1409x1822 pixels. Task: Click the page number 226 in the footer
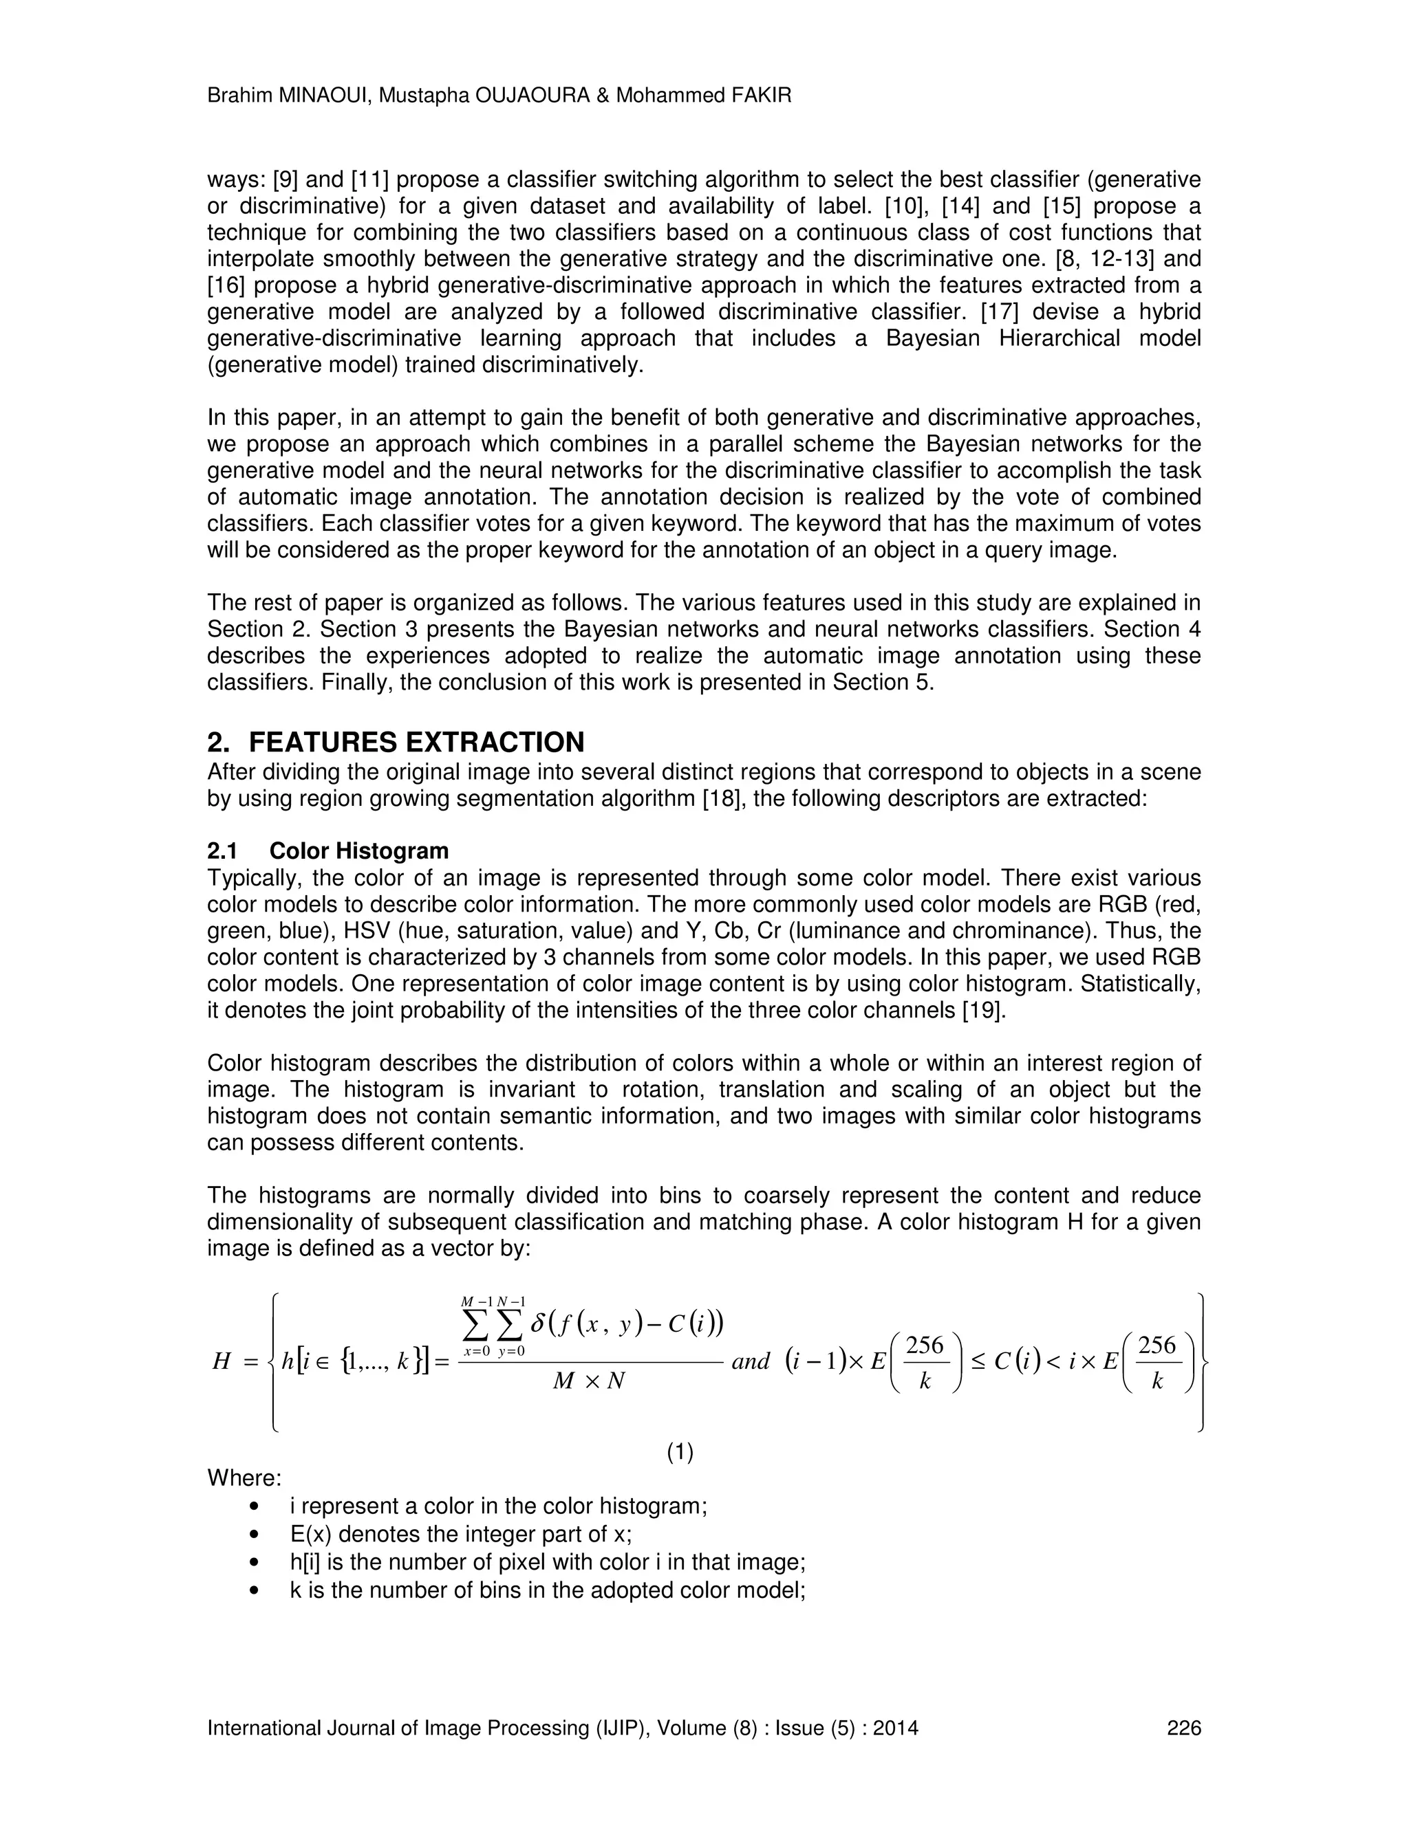(1183, 1728)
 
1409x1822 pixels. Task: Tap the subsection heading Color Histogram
(359, 851)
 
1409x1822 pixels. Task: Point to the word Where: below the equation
(244, 1478)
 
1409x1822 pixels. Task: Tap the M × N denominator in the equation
(590, 1381)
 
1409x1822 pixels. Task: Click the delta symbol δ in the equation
(537, 1324)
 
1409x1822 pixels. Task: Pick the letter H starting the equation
(222, 1362)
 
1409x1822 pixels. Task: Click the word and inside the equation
(750, 1362)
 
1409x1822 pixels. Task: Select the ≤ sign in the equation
(978, 1362)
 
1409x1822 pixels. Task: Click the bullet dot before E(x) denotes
(255, 1535)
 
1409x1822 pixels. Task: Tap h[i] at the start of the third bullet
(305, 1563)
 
